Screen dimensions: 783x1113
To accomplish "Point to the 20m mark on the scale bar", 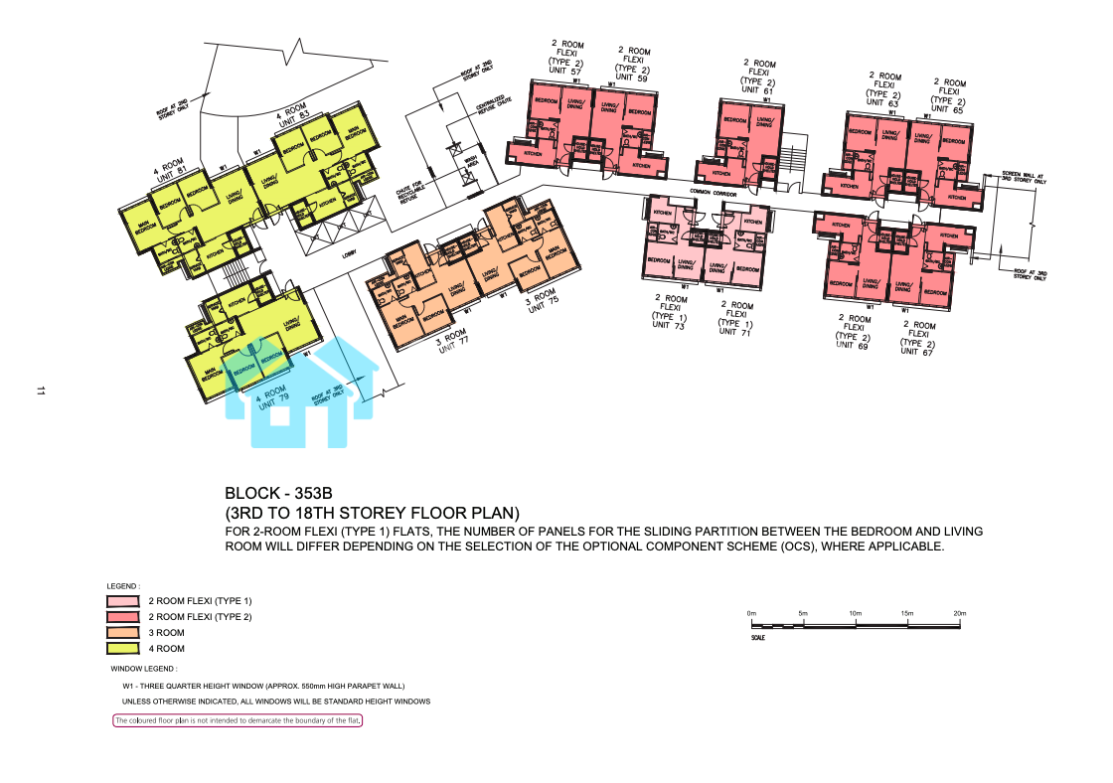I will point(959,614).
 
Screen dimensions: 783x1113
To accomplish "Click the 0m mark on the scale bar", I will point(752,614).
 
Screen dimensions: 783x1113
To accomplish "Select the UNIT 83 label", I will point(291,121).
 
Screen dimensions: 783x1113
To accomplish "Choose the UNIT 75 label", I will point(538,303).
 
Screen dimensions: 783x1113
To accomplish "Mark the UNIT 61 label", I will point(757,89).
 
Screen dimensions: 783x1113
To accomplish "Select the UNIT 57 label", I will point(566,71).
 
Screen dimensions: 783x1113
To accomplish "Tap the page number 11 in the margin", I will point(41,392).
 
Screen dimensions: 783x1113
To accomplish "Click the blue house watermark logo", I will point(298,392).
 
